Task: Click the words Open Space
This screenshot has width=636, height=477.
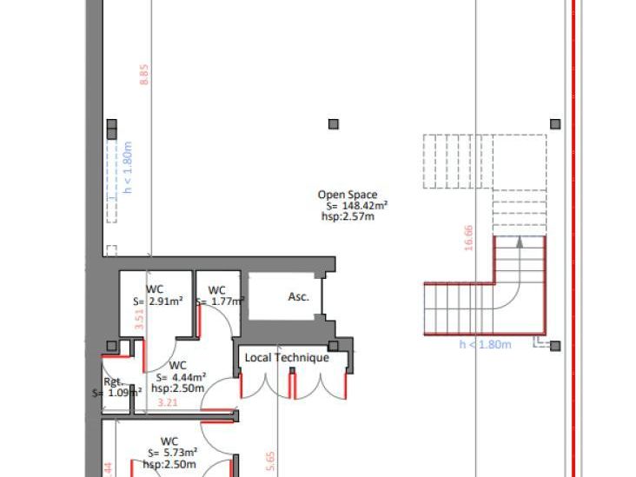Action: (348, 195)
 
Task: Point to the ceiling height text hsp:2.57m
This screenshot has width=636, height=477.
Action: (348, 216)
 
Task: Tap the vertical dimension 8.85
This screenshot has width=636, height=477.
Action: (144, 75)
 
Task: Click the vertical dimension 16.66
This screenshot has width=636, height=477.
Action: (469, 238)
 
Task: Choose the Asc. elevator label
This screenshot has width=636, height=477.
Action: (298, 297)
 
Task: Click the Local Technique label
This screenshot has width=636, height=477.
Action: (287, 358)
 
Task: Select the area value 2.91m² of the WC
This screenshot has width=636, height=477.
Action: (164, 301)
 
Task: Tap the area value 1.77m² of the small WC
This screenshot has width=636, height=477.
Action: (223, 301)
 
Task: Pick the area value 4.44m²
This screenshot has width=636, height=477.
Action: (188, 377)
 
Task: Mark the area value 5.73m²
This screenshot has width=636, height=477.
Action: (178, 453)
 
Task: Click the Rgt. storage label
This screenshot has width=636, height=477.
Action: (112, 382)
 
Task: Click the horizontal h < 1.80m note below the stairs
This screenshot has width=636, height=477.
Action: (485, 345)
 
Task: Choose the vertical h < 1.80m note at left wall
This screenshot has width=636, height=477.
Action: (127, 168)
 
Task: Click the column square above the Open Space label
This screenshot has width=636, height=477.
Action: (334, 125)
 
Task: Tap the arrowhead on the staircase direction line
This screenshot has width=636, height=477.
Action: (520, 242)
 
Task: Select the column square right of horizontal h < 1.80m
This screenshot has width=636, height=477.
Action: (555, 346)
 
